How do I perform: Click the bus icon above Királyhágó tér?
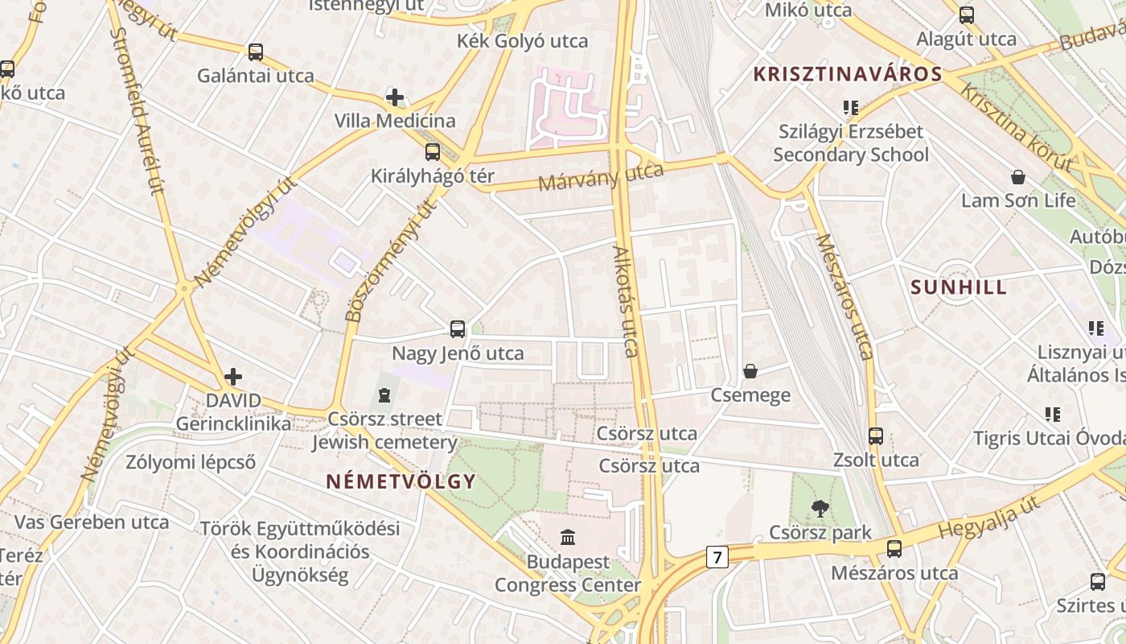(x=433, y=151)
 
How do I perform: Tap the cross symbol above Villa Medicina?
(x=395, y=97)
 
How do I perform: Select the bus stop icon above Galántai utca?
(x=256, y=52)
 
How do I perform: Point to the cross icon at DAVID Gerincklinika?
(x=233, y=376)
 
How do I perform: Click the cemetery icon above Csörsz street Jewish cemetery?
(x=384, y=395)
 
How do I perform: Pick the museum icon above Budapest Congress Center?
(x=568, y=537)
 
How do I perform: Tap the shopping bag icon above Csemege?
(x=750, y=371)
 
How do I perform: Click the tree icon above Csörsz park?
(x=820, y=508)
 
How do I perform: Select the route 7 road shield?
(x=717, y=556)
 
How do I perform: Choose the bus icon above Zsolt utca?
(x=876, y=436)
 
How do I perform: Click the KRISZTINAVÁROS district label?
(x=847, y=75)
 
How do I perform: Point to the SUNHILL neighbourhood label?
(x=959, y=287)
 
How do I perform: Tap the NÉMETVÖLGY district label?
(x=401, y=481)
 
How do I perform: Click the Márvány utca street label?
(x=601, y=176)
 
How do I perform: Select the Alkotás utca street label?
(x=626, y=301)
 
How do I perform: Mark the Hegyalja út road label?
(x=989, y=519)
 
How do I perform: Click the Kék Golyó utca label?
(x=522, y=41)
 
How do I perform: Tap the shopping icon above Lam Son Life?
(x=1018, y=177)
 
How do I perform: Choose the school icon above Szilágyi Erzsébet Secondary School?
(x=851, y=107)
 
